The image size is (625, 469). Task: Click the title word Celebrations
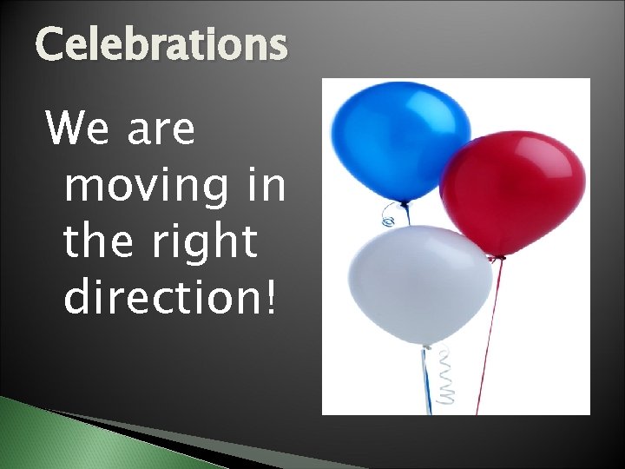pos(161,46)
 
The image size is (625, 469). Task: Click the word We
pos(76,130)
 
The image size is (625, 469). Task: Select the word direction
pos(161,298)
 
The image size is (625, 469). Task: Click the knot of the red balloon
pos(497,257)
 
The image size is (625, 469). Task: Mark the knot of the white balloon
pos(426,347)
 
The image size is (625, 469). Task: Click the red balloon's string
pos(486,339)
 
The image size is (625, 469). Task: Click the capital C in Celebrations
pos(50,46)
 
